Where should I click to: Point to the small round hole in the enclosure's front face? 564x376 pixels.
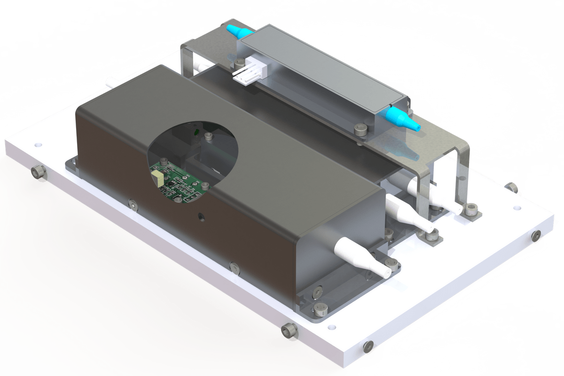point(202,217)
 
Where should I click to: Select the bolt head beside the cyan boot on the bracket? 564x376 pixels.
point(361,129)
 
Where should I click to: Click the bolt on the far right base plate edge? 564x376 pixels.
point(535,235)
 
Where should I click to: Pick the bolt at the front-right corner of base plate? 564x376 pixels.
point(368,347)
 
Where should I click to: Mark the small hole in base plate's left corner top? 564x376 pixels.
point(37,140)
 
